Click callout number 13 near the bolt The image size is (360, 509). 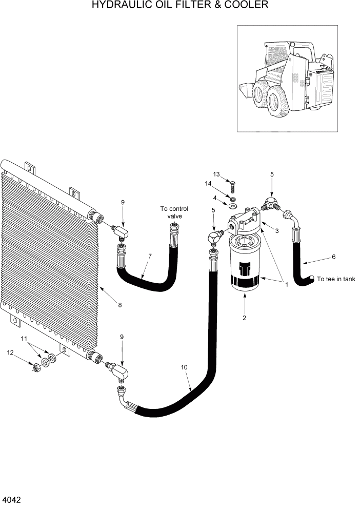pyautogui.click(x=216, y=174)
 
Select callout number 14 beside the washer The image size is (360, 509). pyautogui.click(x=208, y=183)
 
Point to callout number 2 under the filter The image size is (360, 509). pyautogui.click(x=245, y=318)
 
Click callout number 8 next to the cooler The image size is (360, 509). pyautogui.click(x=120, y=305)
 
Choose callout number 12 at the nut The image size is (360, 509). pyautogui.click(x=10, y=353)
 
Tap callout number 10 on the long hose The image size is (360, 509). pyautogui.click(x=184, y=367)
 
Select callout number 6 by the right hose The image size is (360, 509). pyautogui.click(x=333, y=257)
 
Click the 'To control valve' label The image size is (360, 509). pyautogui.click(x=174, y=212)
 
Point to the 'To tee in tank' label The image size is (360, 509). pyautogui.click(x=336, y=279)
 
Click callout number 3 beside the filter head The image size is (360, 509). pyautogui.click(x=276, y=231)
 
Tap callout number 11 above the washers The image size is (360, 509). pyautogui.click(x=23, y=339)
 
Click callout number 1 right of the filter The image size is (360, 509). pyautogui.click(x=286, y=284)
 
